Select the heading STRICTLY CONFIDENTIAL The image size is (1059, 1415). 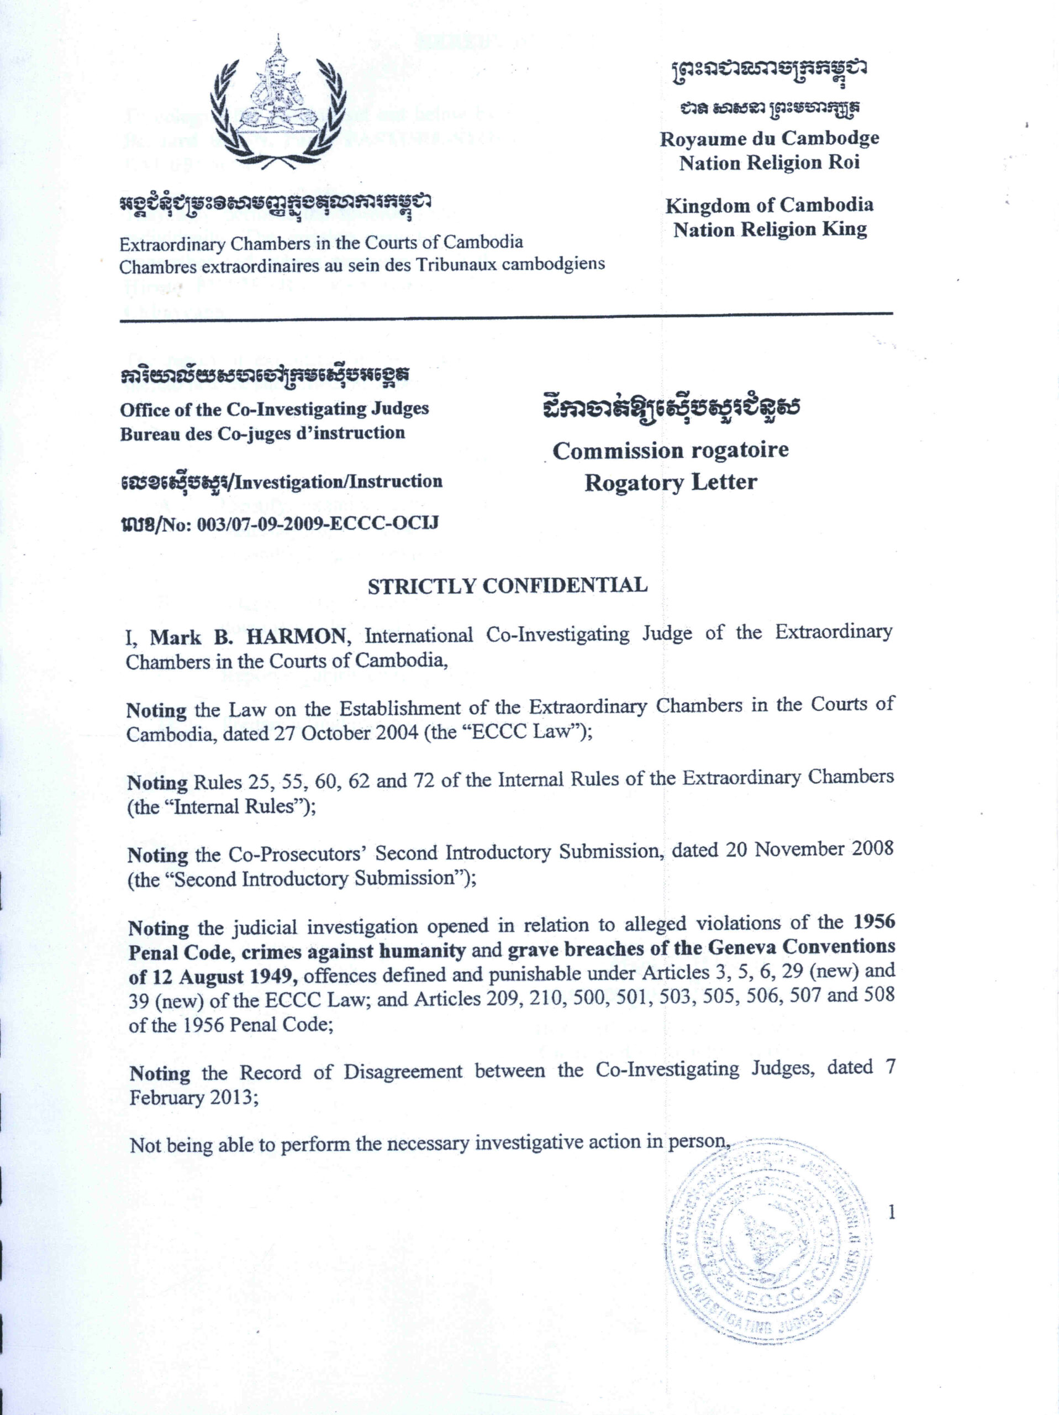point(507,586)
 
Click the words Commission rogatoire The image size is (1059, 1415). point(670,450)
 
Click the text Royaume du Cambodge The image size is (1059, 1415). point(770,138)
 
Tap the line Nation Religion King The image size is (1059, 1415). point(770,229)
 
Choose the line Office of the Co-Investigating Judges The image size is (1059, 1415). point(275,409)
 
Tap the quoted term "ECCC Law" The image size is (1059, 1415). point(536,731)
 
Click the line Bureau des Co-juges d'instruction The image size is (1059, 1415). point(262,433)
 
